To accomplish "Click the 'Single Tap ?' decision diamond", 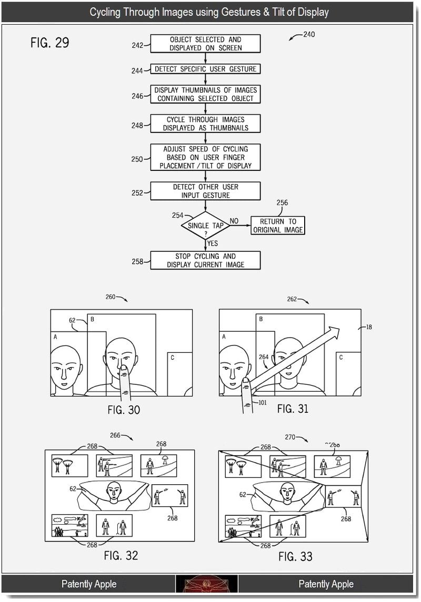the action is coord(206,226).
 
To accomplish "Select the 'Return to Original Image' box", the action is coord(278,226).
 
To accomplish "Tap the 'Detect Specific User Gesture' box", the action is coord(206,69).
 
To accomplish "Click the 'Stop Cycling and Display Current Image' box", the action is coord(206,260).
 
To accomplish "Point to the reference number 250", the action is coord(137,159).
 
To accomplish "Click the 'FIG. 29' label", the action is coord(50,42).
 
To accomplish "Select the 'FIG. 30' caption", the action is coord(124,410).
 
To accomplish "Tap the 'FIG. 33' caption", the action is coord(295,556).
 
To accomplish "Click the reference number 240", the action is coord(309,34).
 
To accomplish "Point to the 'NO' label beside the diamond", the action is coord(234,221).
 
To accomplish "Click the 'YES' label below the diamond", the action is coord(213,243).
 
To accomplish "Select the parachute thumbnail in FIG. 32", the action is coord(69,466).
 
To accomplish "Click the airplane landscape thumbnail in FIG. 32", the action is coord(69,526).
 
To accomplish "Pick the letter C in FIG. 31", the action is coord(340,357).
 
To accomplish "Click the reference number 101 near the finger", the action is coord(262,403).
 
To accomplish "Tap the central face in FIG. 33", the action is coord(288,494).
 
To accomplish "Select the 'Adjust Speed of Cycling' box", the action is coord(206,157).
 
